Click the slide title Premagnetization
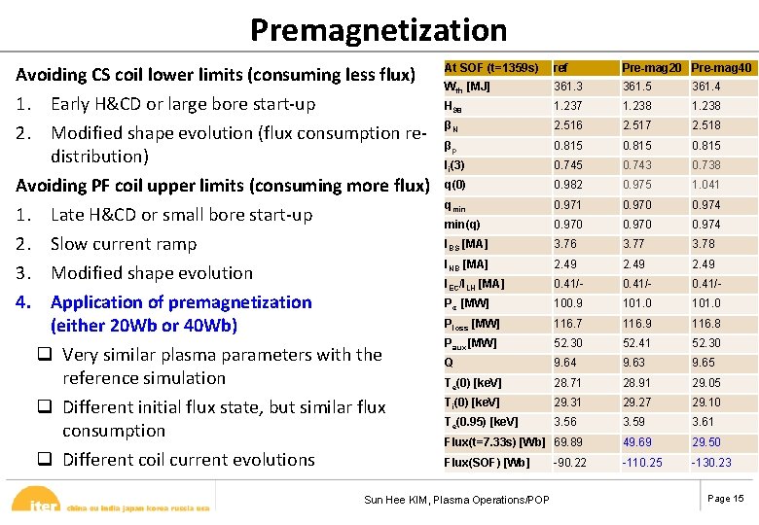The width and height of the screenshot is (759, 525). [x=379, y=30]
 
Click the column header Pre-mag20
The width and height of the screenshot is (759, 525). [x=652, y=68]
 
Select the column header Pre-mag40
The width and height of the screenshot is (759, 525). [x=721, y=68]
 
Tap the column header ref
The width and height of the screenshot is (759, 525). [x=561, y=68]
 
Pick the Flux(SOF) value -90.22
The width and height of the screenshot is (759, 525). [x=570, y=463]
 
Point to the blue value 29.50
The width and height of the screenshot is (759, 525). [x=706, y=442]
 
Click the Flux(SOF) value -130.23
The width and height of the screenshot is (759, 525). [x=712, y=463]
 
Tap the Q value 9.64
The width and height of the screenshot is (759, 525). [x=565, y=363]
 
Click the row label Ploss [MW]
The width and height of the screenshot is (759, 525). [x=472, y=324]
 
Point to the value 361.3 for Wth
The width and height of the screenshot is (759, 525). [x=568, y=87]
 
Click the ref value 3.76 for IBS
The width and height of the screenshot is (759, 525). [x=565, y=244]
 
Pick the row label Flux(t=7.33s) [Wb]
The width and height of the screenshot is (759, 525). [x=494, y=442]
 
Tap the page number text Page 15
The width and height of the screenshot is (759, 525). [x=726, y=499]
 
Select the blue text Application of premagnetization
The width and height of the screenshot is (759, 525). [x=181, y=302]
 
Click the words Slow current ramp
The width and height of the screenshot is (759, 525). [x=124, y=244]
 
